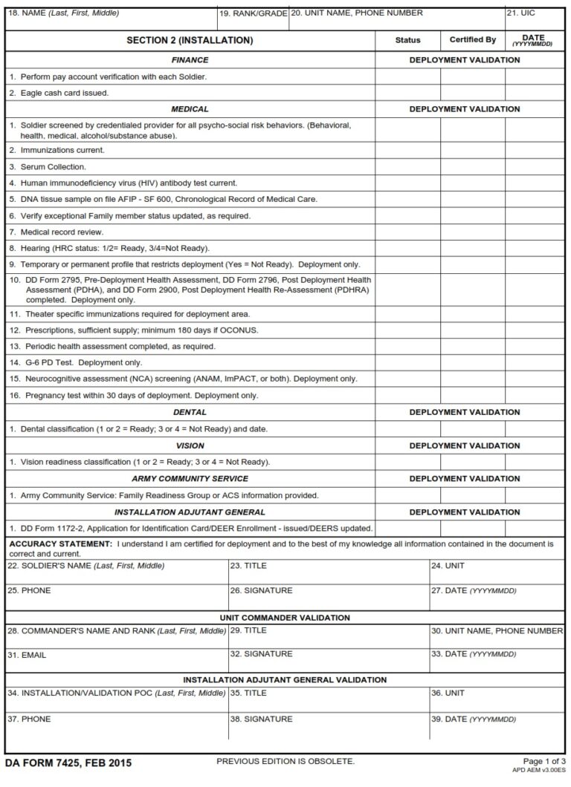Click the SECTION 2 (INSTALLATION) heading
click(x=190, y=40)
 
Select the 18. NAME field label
click(x=63, y=13)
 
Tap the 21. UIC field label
click(x=520, y=13)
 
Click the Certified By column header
click(x=472, y=40)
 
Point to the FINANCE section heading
click(x=190, y=60)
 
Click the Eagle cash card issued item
click(x=59, y=93)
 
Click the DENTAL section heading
click(x=190, y=412)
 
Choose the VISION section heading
click(x=190, y=445)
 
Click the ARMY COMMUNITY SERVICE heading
click(x=190, y=479)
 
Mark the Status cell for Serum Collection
click(x=407, y=167)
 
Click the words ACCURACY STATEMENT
click(x=59, y=544)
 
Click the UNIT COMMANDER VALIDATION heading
click(x=285, y=618)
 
